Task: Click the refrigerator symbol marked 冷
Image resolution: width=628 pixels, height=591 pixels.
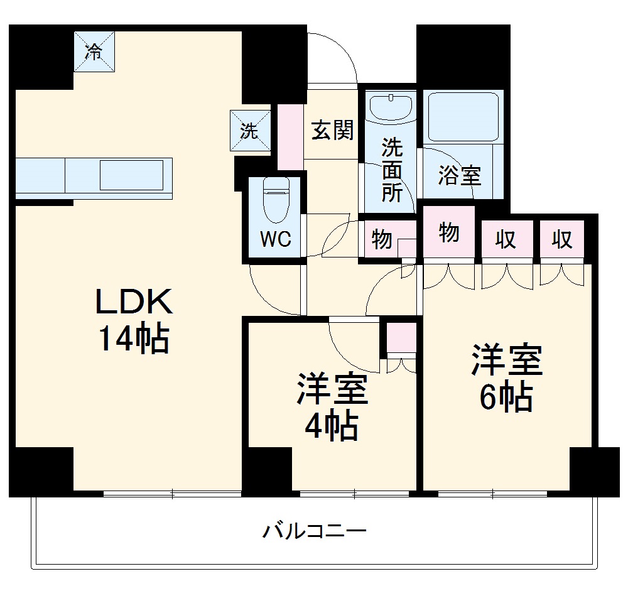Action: [x=93, y=52]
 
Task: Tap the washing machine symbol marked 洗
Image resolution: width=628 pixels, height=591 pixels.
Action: [x=250, y=131]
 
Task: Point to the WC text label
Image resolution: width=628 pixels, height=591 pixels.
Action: [x=275, y=240]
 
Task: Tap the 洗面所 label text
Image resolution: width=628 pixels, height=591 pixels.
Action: [x=392, y=171]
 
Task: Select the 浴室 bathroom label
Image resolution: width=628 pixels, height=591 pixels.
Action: [x=460, y=176]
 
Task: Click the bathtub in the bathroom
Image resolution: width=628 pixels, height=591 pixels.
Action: [x=463, y=117]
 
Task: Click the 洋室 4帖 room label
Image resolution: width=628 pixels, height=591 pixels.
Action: [x=332, y=406]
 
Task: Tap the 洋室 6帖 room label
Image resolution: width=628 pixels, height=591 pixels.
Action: [x=506, y=378]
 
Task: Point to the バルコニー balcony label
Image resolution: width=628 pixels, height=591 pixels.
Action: [x=314, y=532]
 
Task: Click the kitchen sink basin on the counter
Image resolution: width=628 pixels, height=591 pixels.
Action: [x=136, y=175]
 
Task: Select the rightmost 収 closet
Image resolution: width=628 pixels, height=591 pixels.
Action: [x=561, y=239]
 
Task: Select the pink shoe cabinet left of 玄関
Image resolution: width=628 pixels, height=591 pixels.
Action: [x=290, y=137]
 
